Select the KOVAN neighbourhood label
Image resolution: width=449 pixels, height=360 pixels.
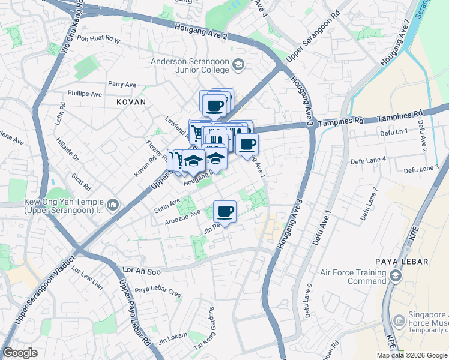131,103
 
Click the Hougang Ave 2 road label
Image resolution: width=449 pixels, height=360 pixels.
201,32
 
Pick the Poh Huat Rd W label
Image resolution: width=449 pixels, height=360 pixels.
99,41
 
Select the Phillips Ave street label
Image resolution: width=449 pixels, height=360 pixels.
85,94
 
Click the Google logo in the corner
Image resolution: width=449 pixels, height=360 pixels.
20,353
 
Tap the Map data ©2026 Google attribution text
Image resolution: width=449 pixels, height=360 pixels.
411,355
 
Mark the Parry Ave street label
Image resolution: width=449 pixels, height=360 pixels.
122,85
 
